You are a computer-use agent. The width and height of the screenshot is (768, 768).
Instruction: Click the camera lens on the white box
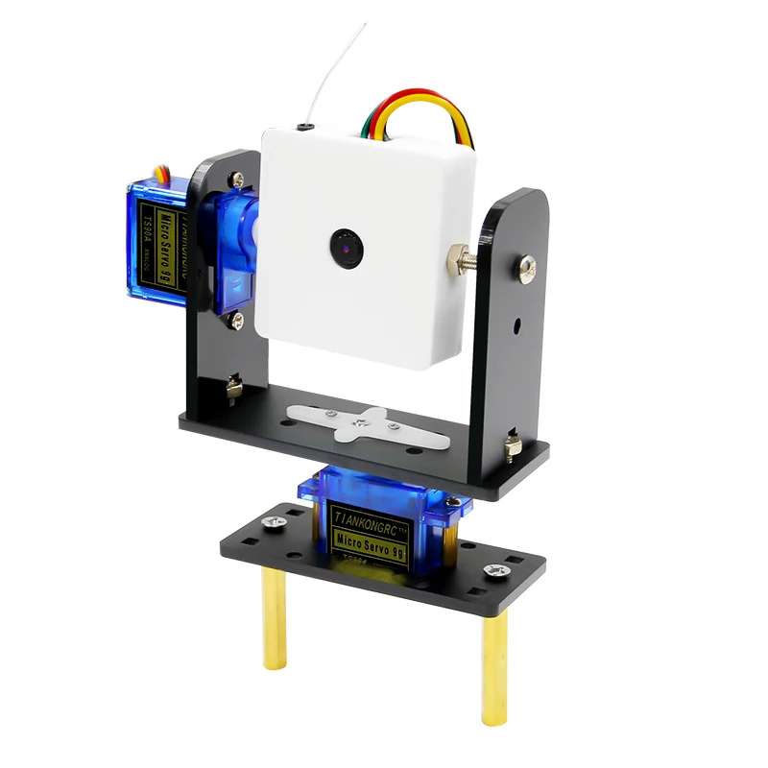pyautogui.click(x=343, y=248)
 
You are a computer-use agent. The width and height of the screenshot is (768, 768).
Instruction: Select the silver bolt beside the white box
pyautogui.click(x=460, y=256)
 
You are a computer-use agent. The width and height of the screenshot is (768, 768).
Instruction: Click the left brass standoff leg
pyautogui.click(x=271, y=618)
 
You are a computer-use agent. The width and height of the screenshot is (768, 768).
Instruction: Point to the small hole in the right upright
pyautogui.click(x=518, y=324)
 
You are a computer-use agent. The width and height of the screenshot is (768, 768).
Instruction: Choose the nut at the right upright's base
pyautogui.click(x=513, y=445)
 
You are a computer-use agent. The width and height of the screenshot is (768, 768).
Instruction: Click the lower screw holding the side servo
pyautogui.click(x=234, y=321)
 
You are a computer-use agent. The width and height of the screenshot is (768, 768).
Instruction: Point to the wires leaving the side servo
pyautogui.click(x=165, y=175)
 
